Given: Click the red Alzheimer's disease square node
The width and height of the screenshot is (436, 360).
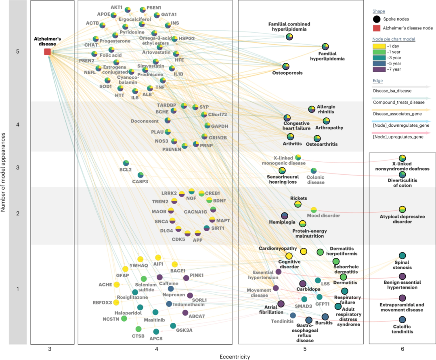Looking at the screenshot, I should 47,52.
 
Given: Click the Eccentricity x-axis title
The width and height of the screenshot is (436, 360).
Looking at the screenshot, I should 235,356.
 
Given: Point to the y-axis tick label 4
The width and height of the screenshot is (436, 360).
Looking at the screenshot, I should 17,125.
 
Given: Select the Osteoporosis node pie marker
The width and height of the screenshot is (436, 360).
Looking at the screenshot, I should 286,66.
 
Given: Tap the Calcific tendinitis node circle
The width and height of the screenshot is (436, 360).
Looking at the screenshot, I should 402,320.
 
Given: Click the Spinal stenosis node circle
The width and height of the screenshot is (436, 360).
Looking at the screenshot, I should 402,255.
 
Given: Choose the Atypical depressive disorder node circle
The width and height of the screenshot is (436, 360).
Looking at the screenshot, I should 402,209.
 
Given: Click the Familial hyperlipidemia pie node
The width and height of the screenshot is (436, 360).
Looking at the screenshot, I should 325,47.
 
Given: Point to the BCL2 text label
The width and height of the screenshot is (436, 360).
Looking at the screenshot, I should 126,170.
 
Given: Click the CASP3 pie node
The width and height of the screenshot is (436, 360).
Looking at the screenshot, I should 140,175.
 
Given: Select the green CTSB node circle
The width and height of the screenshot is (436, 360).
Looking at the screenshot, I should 138,329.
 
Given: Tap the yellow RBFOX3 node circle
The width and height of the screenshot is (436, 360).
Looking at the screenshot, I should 116,302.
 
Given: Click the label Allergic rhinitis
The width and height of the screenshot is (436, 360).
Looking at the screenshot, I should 326,109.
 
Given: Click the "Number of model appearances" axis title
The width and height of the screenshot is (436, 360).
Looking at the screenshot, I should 3,180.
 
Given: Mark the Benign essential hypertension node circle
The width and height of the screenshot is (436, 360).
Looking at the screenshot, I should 402,276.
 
